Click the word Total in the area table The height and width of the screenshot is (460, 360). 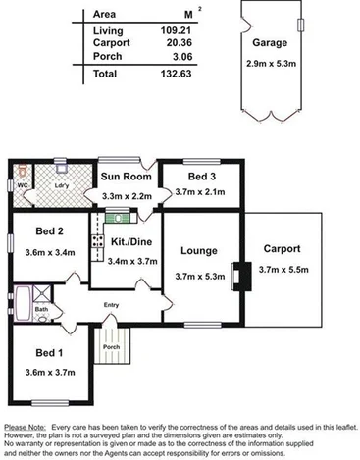click(x=105, y=75)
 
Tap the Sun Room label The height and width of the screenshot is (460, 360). click(x=125, y=179)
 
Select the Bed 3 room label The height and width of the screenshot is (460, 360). click(x=203, y=177)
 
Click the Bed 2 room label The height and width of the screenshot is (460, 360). click(x=49, y=231)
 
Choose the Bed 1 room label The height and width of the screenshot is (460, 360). click(x=49, y=353)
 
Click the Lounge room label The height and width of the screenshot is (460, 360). click(x=199, y=251)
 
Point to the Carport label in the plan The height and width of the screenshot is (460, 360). click(x=282, y=249)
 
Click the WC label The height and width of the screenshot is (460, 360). click(x=22, y=184)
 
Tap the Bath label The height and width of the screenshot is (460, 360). click(x=41, y=308)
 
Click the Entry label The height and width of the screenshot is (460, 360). click(x=111, y=304)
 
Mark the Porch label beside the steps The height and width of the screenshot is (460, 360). click(x=112, y=345)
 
